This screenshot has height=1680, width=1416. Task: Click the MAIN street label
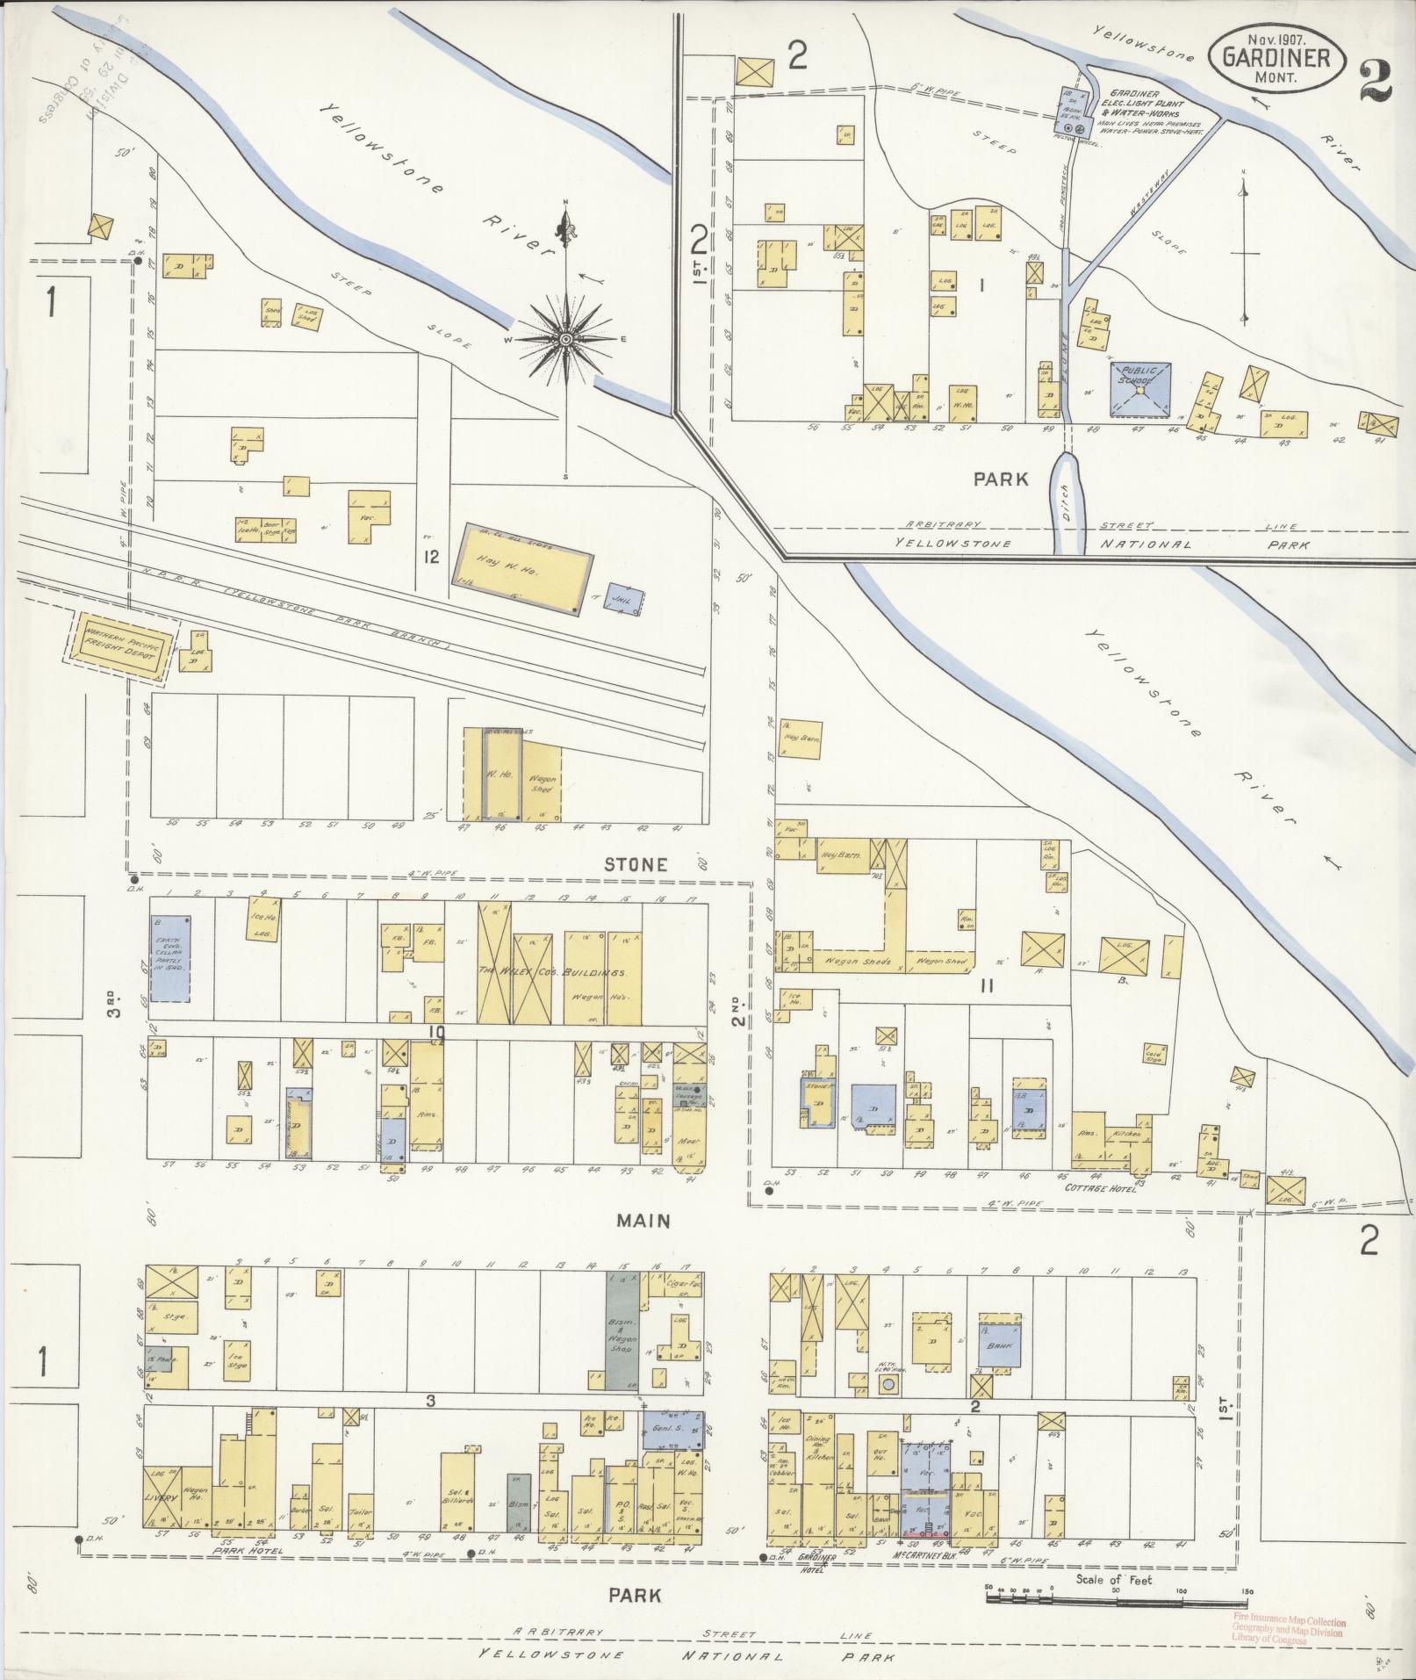click(x=643, y=1221)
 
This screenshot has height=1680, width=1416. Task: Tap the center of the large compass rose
click(x=566, y=339)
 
